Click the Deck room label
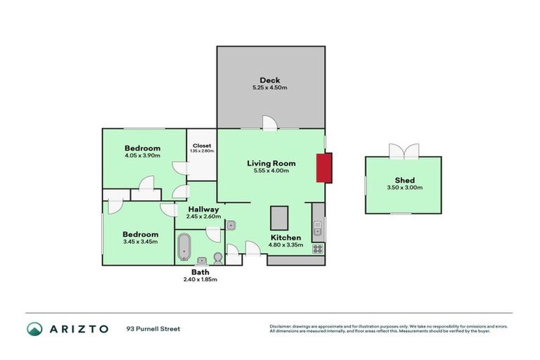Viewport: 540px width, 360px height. (x=269, y=80)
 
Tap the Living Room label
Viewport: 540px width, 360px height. (x=271, y=163)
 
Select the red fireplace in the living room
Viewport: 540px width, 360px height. (x=323, y=168)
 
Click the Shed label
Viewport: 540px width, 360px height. (x=404, y=180)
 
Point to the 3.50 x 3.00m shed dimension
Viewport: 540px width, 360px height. (x=404, y=188)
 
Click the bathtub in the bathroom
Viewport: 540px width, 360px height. (x=185, y=247)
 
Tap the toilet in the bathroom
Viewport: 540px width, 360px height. (x=217, y=257)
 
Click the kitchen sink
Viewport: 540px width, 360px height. (x=318, y=226)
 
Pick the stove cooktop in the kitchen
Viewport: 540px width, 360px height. (x=318, y=248)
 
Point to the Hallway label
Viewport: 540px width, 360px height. (x=202, y=209)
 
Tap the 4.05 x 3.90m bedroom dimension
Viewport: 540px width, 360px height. (x=143, y=156)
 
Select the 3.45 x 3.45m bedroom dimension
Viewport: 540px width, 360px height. (x=140, y=242)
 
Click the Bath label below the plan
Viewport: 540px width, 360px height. (x=200, y=272)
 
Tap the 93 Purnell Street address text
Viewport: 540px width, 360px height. (x=153, y=329)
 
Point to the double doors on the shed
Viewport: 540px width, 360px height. (x=404, y=151)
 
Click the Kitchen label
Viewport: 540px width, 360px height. (x=286, y=238)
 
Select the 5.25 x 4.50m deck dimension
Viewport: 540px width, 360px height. (x=269, y=88)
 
